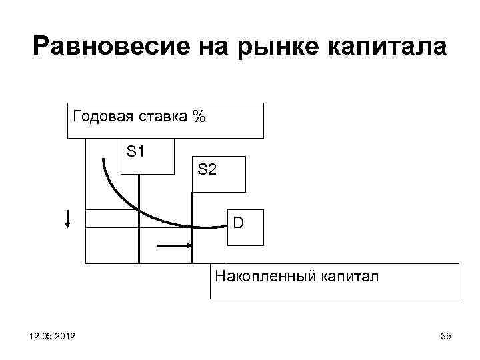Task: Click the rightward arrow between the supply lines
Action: tap(175, 246)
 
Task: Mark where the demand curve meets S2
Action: tap(192, 227)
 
